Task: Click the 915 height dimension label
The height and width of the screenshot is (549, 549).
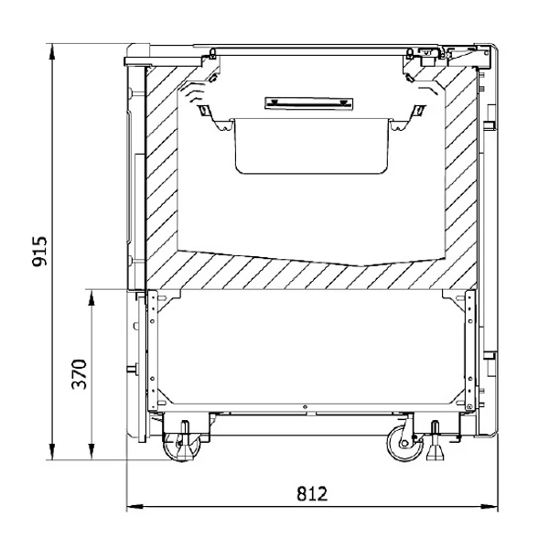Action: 39,252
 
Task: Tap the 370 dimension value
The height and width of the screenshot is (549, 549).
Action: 79,374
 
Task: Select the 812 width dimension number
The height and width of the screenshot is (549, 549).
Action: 312,494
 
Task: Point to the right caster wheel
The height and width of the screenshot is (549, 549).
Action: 405,443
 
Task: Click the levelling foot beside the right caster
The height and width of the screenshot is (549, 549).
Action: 435,442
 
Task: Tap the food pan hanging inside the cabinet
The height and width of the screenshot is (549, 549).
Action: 312,145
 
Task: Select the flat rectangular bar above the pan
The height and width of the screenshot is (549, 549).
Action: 309,103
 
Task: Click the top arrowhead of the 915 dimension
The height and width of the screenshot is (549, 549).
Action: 52,52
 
